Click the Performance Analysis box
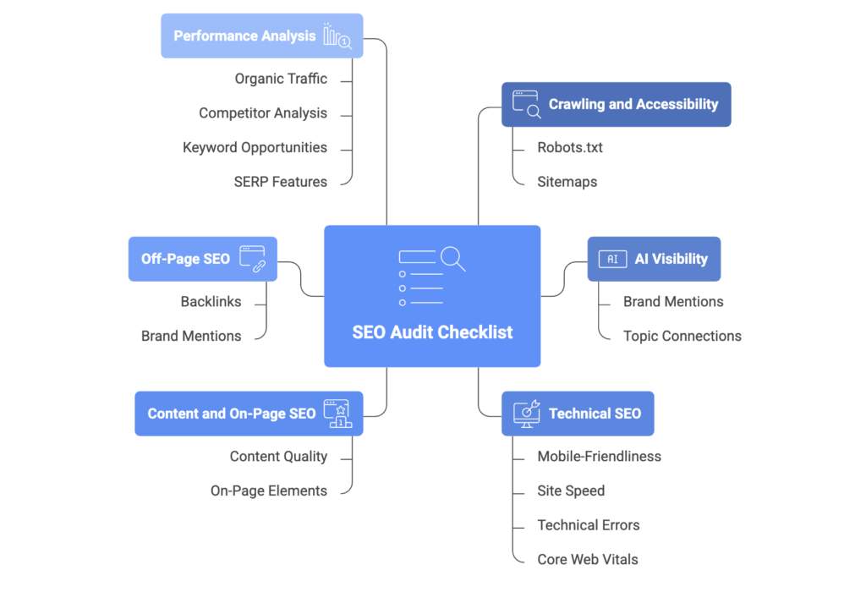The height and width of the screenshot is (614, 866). (x=261, y=36)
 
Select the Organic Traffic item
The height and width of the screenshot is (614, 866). (x=281, y=79)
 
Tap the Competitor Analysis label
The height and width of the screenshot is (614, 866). (x=263, y=113)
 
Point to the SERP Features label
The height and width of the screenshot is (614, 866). (x=281, y=182)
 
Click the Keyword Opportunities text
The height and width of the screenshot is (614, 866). (x=255, y=147)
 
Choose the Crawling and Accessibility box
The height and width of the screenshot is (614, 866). (x=616, y=104)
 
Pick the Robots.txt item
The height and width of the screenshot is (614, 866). (x=570, y=147)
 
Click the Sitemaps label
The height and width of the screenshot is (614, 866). (x=567, y=182)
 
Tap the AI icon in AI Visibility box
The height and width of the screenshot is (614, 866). (x=612, y=259)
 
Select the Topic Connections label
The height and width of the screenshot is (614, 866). (x=682, y=336)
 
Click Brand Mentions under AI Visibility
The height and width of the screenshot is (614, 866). (x=673, y=301)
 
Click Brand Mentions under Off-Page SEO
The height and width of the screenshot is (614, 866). (x=191, y=336)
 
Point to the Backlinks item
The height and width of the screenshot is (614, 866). (x=211, y=301)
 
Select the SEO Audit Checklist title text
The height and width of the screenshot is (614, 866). (x=432, y=332)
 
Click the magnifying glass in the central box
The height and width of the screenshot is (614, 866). (x=452, y=258)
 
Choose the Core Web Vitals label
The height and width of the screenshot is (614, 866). (x=588, y=559)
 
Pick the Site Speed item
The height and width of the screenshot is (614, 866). (x=571, y=491)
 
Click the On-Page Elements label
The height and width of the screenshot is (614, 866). (x=269, y=491)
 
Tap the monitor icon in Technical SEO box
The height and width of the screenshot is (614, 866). (x=527, y=413)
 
